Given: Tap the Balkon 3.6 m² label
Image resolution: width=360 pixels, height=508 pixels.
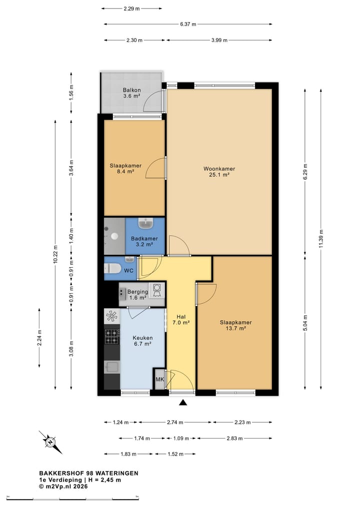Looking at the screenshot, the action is tap(131, 93).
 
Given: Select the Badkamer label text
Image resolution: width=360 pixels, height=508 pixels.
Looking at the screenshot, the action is tap(144, 238).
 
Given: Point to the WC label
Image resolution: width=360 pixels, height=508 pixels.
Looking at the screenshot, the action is tap(129, 271).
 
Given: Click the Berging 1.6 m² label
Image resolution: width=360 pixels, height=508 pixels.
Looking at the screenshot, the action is tap(137, 295).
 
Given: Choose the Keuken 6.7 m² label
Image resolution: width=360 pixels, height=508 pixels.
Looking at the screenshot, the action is tap(142, 341).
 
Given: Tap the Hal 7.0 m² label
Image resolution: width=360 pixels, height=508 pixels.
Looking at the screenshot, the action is tap(181, 320).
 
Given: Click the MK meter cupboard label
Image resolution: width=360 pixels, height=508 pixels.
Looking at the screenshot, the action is tap(160, 379).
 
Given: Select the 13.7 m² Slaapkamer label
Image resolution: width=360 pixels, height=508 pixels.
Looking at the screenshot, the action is tap(236, 325).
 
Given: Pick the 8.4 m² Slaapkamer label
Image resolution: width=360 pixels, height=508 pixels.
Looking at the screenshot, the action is tap(125, 168).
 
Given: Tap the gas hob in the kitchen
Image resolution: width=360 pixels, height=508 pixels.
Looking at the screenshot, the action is tap(112, 337).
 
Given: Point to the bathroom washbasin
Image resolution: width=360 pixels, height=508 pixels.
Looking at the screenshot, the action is tap(146, 223).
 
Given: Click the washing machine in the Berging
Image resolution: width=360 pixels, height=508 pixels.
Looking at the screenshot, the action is tap(157, 290).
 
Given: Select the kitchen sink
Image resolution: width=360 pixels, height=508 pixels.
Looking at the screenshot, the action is tap(112, 367).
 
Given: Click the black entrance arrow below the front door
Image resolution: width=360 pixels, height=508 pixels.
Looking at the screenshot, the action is tap(183, 403).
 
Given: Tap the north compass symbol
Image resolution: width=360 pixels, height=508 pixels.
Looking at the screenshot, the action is tap(50, 442).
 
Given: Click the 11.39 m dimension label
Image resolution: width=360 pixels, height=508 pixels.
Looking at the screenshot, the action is tap(321, 239).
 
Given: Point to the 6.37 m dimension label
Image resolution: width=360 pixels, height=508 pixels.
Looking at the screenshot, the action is tap(188, 24).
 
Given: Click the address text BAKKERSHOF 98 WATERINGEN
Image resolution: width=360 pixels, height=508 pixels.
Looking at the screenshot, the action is tap(89, 474).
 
